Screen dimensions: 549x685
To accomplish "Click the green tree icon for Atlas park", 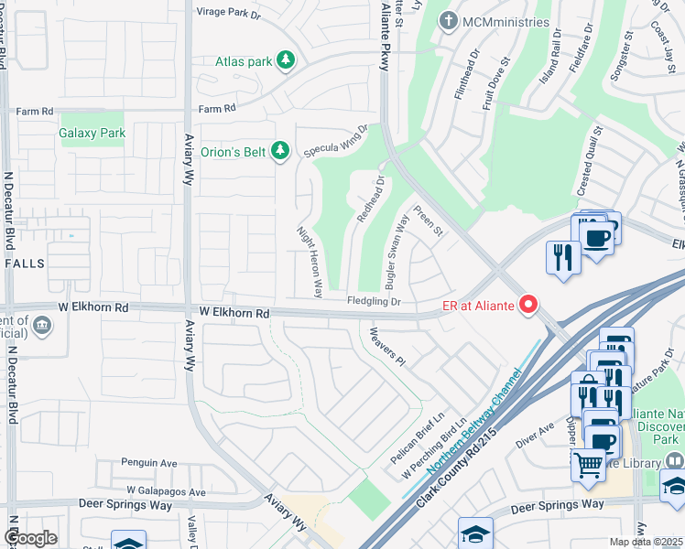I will [287, 61].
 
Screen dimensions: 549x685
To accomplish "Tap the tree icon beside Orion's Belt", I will [281, 150].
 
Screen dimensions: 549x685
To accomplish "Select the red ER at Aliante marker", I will [528, 305].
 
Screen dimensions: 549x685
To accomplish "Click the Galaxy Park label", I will [92, 134].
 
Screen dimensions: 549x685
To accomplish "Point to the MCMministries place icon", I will [448, 20].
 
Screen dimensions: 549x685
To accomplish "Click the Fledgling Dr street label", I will [374, 301].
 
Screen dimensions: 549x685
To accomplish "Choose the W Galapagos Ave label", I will [166, 491].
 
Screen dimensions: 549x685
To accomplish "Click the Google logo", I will [30, 538].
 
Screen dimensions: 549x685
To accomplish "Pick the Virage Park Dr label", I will [229, 13].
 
